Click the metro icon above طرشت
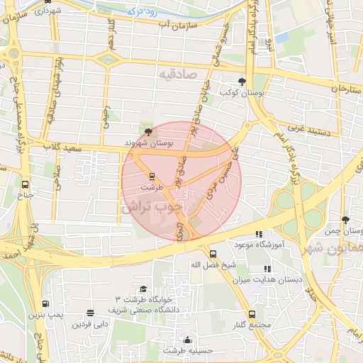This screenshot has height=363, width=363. (151, 176)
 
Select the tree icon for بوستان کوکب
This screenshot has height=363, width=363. (242, 81)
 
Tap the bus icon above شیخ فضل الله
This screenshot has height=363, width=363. (212, 254)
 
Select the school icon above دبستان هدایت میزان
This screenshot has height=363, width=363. (267, 269)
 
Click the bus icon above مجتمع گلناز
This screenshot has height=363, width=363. (252, 313)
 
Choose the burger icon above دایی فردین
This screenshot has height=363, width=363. (89, 313)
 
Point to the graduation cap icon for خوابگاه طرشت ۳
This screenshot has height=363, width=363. (143, 289)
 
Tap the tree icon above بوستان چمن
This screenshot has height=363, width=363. (345, 220)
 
